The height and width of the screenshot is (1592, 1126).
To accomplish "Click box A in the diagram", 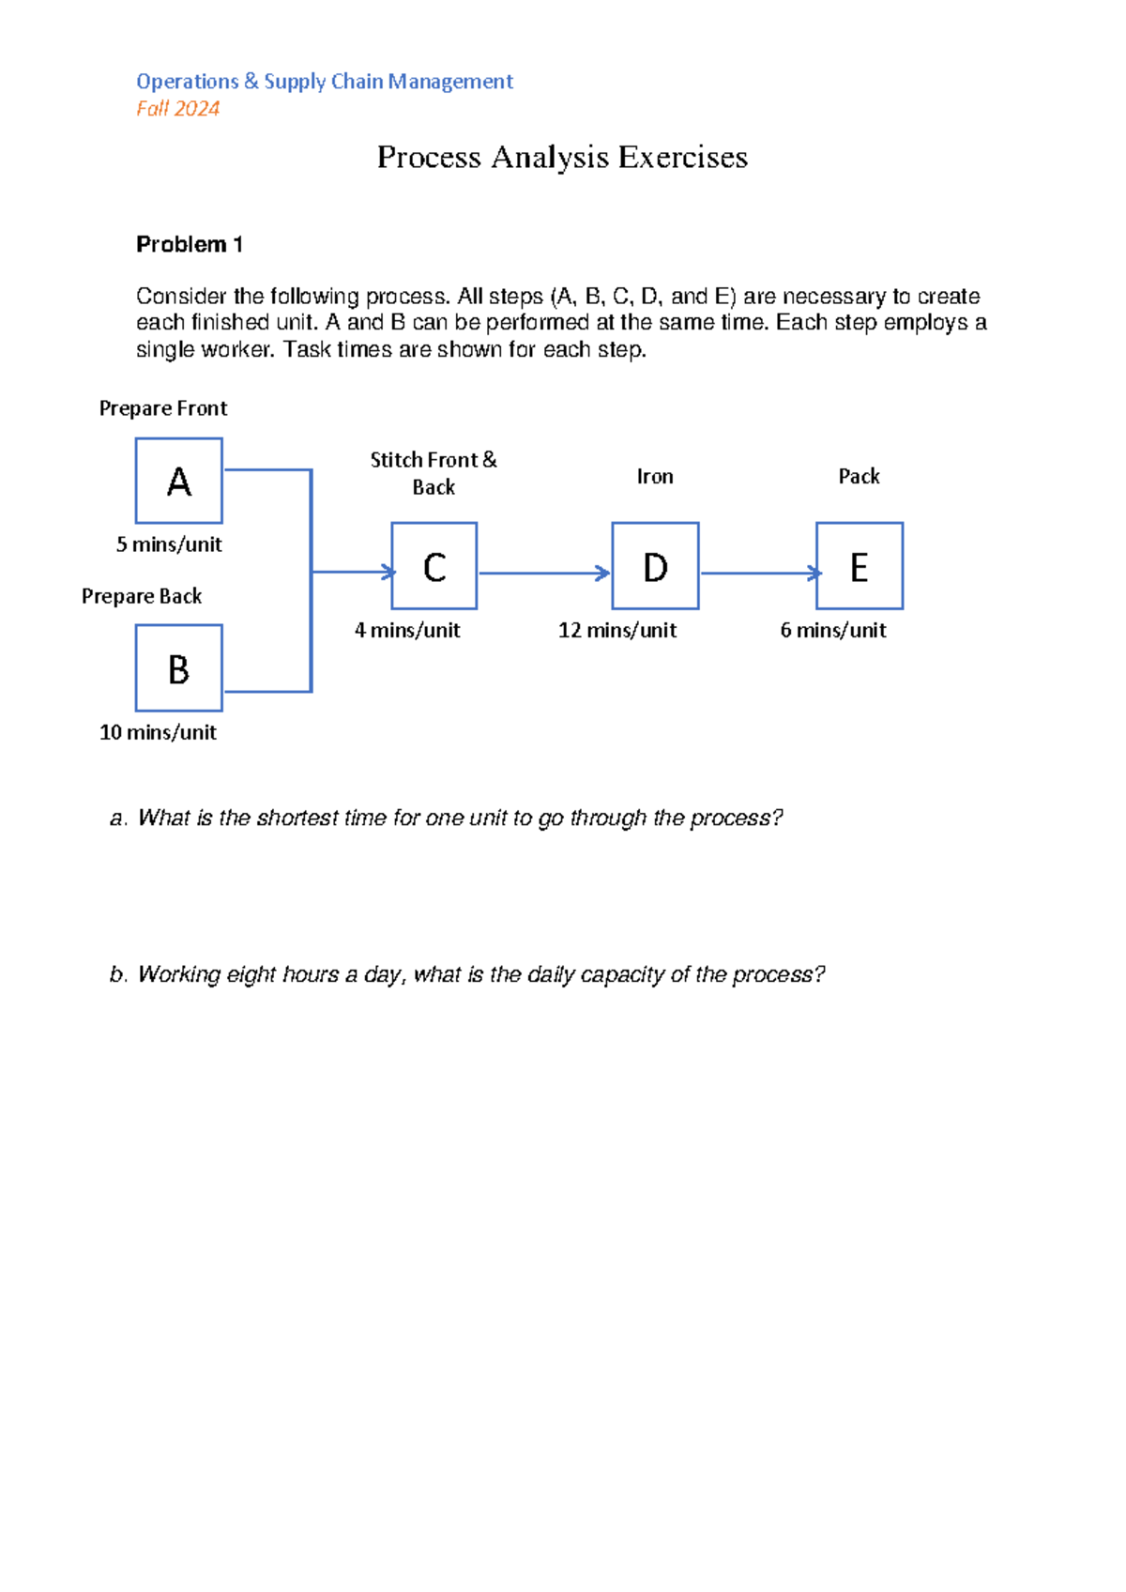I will coord(178,481).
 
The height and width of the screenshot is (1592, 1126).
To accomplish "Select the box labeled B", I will coord(178,668).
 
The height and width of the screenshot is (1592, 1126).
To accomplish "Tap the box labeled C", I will coord(434,566).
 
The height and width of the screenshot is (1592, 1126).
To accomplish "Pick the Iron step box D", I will coord(655,566).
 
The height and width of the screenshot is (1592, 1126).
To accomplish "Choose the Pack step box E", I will coord(859,566).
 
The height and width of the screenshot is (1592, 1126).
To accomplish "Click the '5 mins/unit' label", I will coord(169,544).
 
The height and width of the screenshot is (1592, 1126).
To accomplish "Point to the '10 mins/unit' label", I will coord(158,732).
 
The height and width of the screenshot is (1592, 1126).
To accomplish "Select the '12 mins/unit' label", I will coord(616,630).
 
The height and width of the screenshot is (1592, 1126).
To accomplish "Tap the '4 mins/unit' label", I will coord(407,630).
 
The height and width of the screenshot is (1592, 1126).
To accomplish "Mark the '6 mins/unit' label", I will coord(832,630).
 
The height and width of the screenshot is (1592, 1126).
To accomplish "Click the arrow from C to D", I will coord(544,573).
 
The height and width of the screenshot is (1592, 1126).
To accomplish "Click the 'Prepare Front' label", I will coord(163,408).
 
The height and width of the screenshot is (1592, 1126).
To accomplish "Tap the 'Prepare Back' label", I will coord(142,596).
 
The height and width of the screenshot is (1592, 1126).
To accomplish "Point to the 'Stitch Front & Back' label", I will coord(434,473).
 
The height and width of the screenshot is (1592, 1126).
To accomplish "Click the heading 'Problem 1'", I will coord(190,245).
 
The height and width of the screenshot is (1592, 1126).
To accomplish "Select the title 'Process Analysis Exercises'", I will coord(562,157).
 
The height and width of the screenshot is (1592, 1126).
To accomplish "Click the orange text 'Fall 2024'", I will coord(177,109).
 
